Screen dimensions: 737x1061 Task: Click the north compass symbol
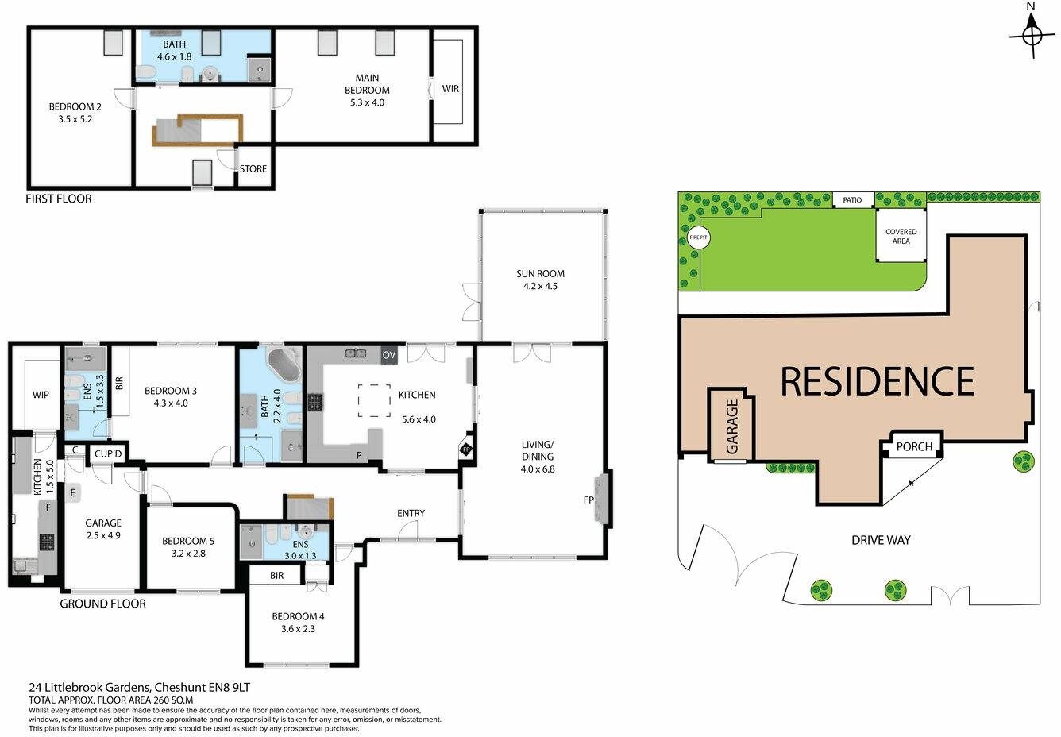[x=1032, y=35]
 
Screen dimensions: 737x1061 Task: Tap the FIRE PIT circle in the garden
[x=698, y=237]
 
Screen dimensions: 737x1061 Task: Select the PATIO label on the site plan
[x=853, y=200]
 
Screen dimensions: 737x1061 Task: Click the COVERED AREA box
[x=901, y=236]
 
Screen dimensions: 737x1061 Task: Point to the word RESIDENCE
[x=877, y=381]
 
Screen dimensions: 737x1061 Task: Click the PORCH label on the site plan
[x=914, y=446]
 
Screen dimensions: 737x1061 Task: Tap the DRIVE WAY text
[x=881, y=540]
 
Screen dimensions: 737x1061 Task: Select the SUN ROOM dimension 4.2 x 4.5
[x=540, y=286]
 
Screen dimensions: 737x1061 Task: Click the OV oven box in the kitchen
[x=389, y=355]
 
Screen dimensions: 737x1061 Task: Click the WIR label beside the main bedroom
[x=450, y=89]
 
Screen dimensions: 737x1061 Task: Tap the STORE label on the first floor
[x=254, y=168]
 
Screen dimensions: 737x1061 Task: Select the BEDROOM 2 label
[x=75, y=107]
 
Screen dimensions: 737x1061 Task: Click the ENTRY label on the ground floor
[x=411, y=513]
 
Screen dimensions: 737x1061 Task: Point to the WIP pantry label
[x=41, y=394]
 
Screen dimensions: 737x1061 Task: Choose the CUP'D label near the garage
[x=107, y=453]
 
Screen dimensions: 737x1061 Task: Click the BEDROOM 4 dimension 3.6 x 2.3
[x=298, y=629]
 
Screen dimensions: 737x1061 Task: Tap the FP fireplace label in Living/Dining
[x=588, y=501]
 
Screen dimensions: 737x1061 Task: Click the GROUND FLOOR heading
[x=103, y=604]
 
